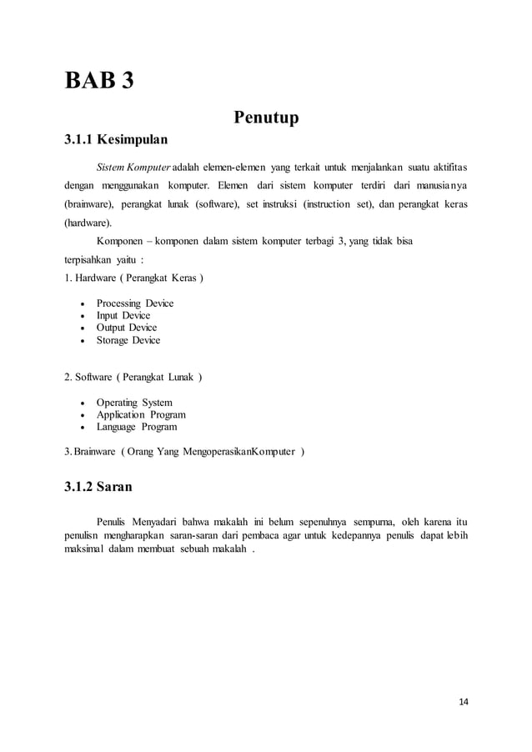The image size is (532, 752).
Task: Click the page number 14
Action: click(464, 701)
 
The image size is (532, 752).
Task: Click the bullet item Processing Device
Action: click(134, 303)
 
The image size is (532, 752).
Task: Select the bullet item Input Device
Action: click(123, 316)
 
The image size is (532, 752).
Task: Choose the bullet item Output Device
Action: click(127, 328)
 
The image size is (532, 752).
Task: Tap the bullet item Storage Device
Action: click(128, 340)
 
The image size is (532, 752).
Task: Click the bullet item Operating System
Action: click(134, 403)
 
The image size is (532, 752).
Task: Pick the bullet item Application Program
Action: click(140, 414)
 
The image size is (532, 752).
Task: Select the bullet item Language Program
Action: click(136, 427)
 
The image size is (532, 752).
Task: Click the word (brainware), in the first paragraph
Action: click(89, 204)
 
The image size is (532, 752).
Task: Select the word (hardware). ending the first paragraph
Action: click(88, 223)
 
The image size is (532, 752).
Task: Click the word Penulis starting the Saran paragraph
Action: click(114, 523)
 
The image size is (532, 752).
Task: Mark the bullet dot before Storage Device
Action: click(81, 341)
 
